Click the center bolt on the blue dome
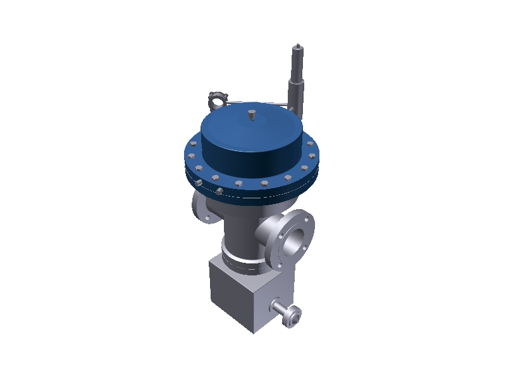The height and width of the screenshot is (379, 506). (x=251, y=115)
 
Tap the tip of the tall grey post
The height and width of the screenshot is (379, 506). (x=297, y=47)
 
